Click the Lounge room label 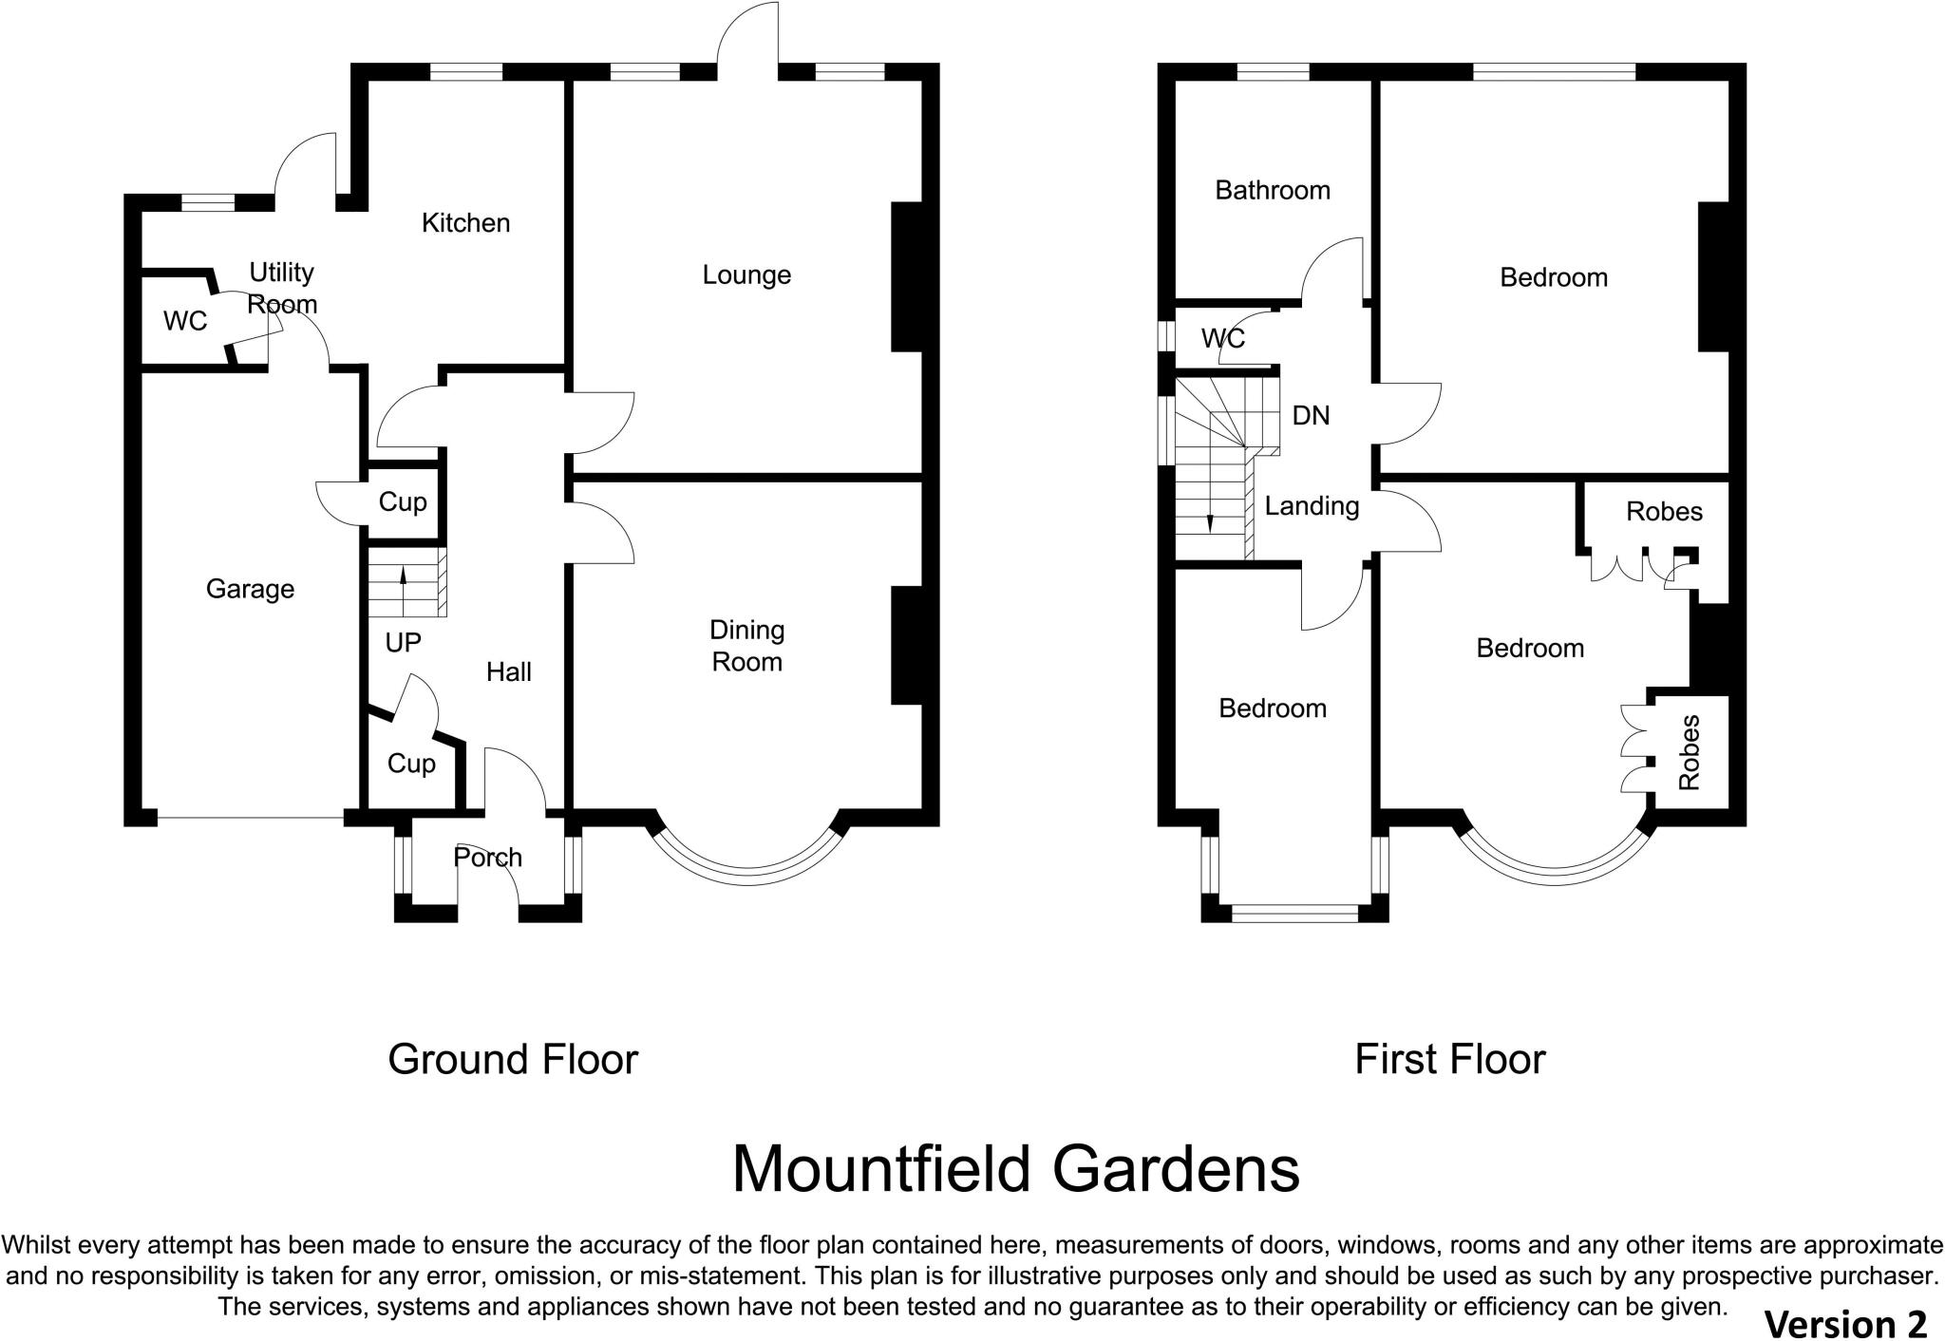click(746, 275)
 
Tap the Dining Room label click(747, 646)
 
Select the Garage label click(250, 590)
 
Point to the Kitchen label click(465, 223)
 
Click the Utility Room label click(281, 288)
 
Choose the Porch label click(487, 858)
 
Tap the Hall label click(508, 672)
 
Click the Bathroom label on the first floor click(1273, 191)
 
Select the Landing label click(1312, 506)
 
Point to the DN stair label click(1311, 416)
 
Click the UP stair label click(403, 643)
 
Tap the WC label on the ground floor click(185, 322)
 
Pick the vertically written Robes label click(1690, 752)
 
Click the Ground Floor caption click(513, 1059)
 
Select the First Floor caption click(1449, 1059)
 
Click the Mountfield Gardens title click(1015, 1169)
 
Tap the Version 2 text click(1844, 1323)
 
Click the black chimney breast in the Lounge click(907, 277)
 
